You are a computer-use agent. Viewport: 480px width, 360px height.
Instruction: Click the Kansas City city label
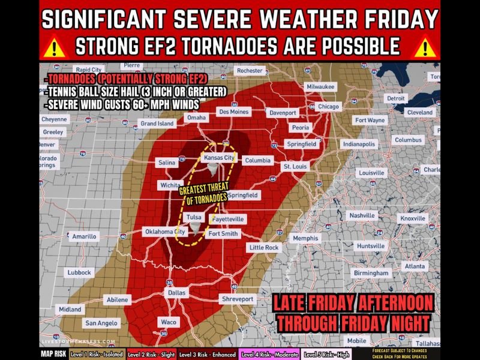click(x=218, y=157)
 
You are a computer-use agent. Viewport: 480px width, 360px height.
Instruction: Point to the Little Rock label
click(x=264, y=247)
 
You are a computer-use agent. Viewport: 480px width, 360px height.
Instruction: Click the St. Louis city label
click(x=295, y=166)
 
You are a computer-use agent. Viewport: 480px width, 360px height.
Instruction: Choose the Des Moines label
click(x=233, y=112)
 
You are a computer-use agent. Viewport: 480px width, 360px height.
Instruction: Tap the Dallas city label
click(x=176, y=293)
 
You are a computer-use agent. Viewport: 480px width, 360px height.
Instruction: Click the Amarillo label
click(x=84, y=236)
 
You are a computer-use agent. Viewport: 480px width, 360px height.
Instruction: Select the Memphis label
click(x=305, y=238)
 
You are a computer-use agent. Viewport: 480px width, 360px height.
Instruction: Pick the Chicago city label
click(x=328, y=107)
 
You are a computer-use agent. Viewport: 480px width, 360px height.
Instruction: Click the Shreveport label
click(x=238, y=299)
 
